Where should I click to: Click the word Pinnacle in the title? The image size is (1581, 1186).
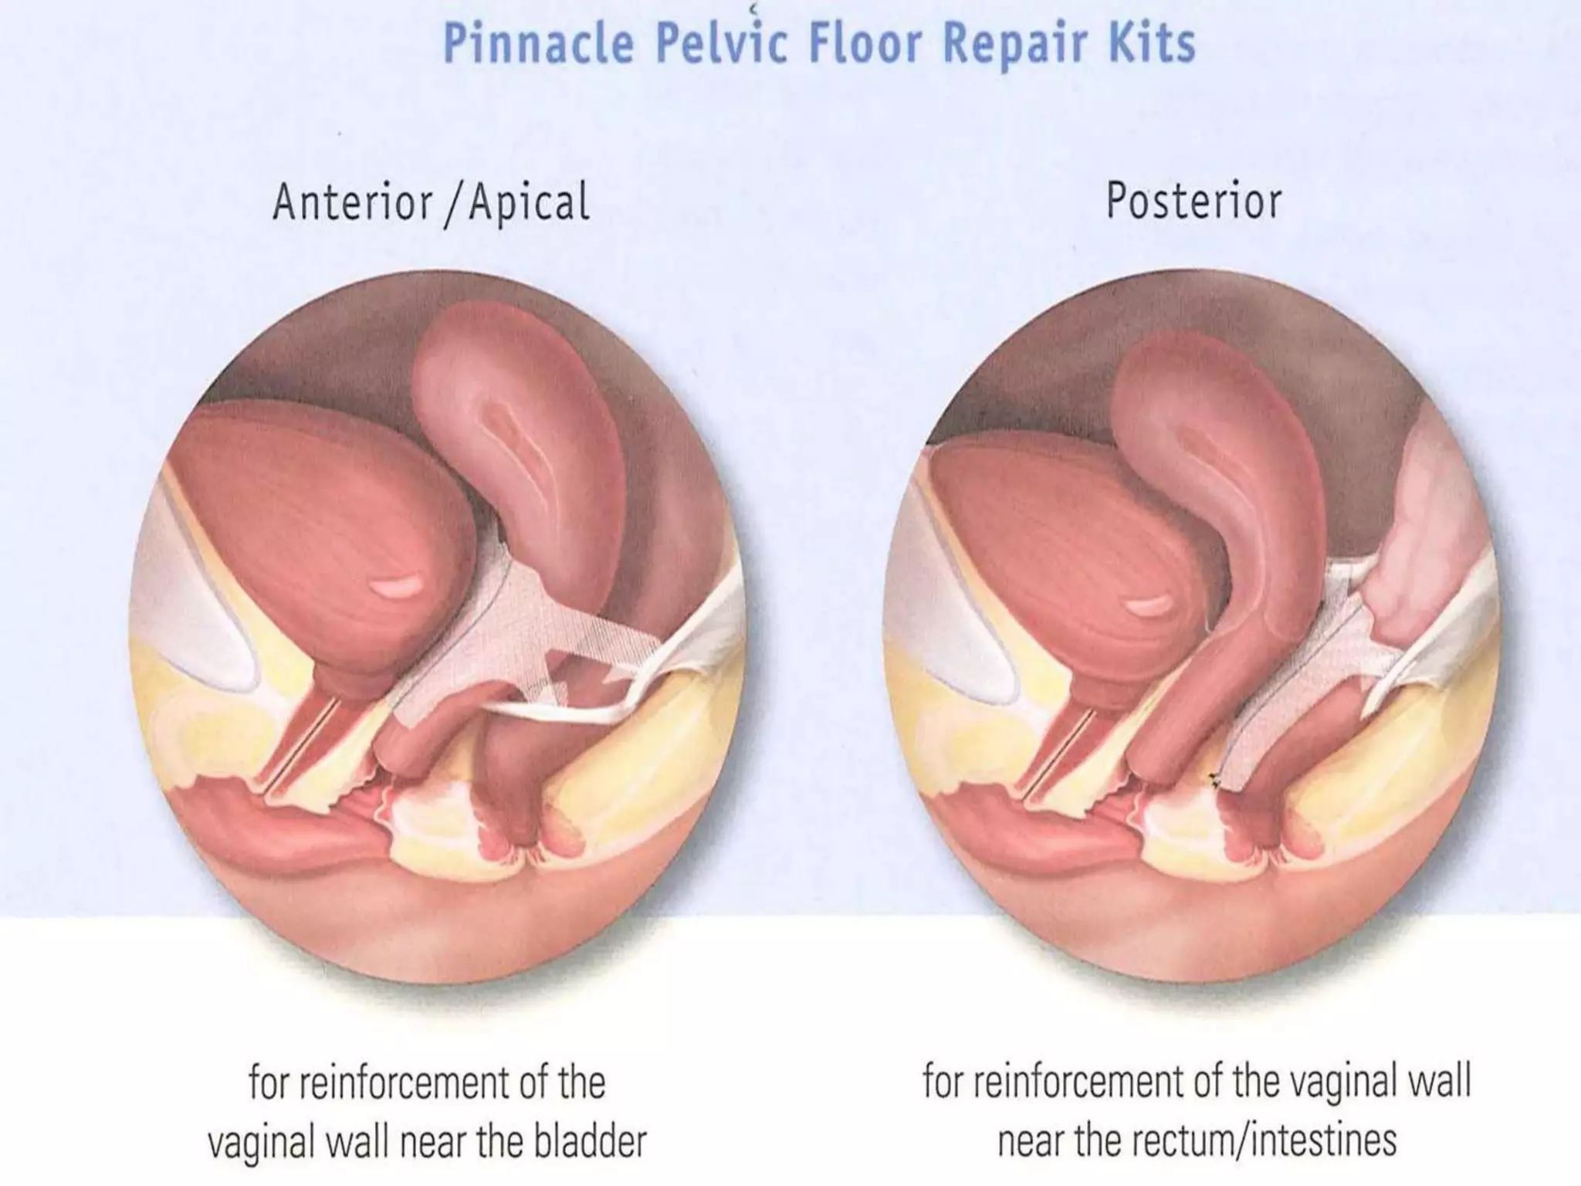coord(538,44)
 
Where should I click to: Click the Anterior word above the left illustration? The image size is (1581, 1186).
coord(352,202)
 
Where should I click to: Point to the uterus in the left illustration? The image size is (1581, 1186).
coord(517,432)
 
